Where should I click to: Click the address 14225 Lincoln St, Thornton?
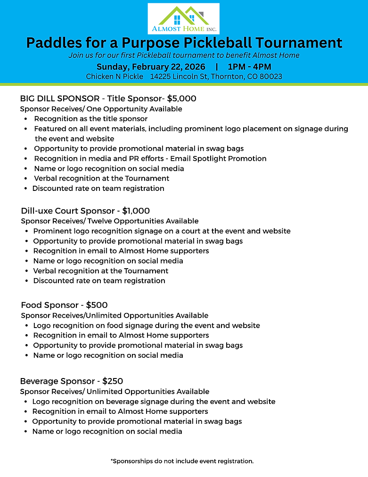tap(216, 76)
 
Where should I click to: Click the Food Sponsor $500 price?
tap(97, 305)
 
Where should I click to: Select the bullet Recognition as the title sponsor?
tap(90, 119)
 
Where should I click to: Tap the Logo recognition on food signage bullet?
tap(146, 325)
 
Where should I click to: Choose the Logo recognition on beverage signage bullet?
tap(154, 402)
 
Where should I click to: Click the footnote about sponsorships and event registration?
tap(182, 461)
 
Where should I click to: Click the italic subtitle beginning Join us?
tap(184, 55)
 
